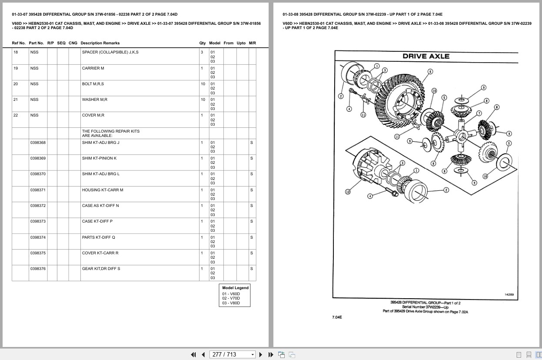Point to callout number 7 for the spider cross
[x=479, y=113]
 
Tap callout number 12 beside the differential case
[x=348, y=192]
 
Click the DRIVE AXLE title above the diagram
[x=426, y=56]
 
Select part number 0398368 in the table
[x=38, y=143]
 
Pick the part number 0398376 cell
[x=38, y=269]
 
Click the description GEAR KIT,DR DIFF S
[x=101, y=269]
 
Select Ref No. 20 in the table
[x=16, y=84]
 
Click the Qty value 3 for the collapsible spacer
[x=202, y=52]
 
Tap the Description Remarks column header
[x=100, y=43]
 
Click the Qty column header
[x=203, y=43]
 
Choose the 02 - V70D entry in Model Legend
[x=231, y=298]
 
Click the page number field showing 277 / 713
[x=229, y=354]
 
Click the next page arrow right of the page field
[x=261, y=354]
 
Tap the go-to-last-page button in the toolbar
[x=271, y=354]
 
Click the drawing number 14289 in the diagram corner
[x=509, y=294]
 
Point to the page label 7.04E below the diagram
[x=337, y=317]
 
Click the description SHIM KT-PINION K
[x=99, y=158]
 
